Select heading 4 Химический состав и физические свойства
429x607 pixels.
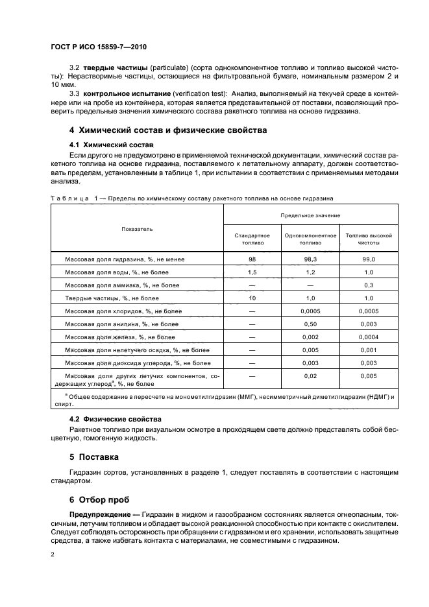168,130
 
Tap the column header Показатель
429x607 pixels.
136,229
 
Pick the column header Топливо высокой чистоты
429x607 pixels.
369,239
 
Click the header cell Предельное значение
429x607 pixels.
310,214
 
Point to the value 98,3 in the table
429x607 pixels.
310,259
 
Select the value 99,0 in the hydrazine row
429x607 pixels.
369,259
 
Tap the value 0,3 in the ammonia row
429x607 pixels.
369,285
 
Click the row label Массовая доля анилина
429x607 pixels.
121,324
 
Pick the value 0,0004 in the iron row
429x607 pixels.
369,337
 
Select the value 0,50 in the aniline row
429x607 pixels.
310,324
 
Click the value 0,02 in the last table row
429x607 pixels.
310,375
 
